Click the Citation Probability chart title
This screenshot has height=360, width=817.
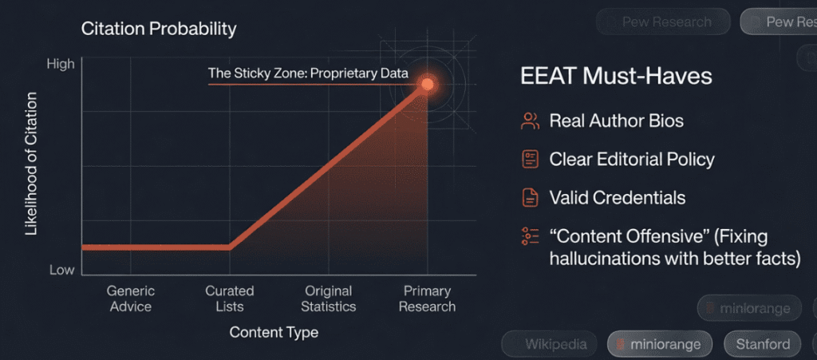[159, 30]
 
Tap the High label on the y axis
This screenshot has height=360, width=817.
[61, 64]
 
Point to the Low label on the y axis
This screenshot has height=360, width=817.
[62, 270]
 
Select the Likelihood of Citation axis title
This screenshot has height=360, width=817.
[32, 164]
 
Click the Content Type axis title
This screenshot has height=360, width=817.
[274, 332]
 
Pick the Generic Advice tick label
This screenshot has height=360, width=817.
[130, 299]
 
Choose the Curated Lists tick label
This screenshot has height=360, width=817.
[230, 299]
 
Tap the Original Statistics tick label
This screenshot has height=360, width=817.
[330, 299]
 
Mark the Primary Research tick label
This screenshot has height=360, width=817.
[427, 299]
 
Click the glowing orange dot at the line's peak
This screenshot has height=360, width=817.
[427, 84]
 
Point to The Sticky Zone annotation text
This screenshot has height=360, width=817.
[308, 73]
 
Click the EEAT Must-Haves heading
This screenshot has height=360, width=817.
[616, 77]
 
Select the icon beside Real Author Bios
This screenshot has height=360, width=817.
[530, 121]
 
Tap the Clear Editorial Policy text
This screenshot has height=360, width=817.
[631, 159]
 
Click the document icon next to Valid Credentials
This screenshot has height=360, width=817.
[530, 197]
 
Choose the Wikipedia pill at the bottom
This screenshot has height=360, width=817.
[547, 345]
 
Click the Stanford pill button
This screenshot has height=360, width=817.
[762, 345]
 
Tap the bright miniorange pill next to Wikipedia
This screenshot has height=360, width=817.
[657, 345]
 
